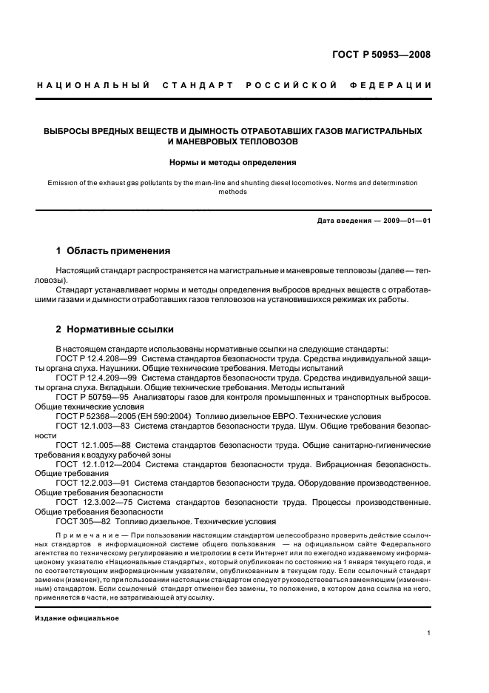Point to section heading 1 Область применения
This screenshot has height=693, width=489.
[x=113, y=250]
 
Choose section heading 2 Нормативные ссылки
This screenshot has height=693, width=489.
[x=115, y=328]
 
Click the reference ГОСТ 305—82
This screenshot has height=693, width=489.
[x=84, y=522]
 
